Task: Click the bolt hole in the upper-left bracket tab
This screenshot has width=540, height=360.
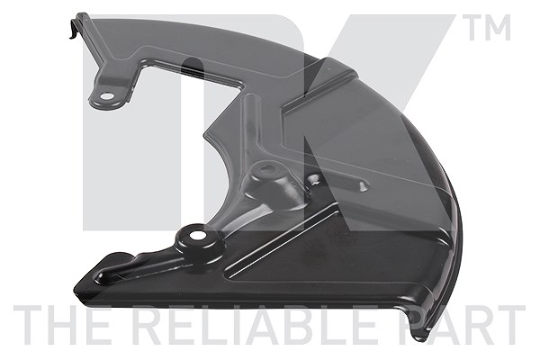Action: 108,96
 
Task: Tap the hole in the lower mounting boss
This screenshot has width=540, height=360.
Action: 197,236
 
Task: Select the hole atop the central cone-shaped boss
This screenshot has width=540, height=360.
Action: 267,169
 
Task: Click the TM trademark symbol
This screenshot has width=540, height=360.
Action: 489,28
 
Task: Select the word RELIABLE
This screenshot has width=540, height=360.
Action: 254,326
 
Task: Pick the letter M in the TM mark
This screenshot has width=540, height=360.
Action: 499,28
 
